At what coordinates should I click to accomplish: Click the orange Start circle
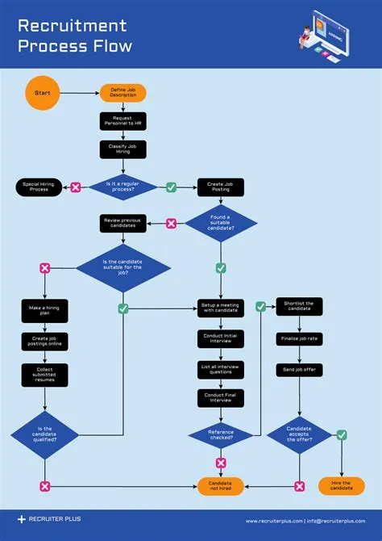pos(42,93)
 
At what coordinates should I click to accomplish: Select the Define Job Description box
pos(123,93)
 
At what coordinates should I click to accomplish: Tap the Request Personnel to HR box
pos(123,121)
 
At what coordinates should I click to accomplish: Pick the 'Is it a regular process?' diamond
pos(123,187)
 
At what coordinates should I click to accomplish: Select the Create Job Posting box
pos(220,187)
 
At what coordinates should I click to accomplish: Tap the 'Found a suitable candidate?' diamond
pos(220,223)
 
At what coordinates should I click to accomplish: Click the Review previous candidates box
pos(123,223)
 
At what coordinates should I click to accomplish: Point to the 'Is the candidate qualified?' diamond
pos(44,434)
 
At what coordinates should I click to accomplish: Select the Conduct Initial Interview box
pos(220,339)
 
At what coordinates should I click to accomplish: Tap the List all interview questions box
pos(220,370)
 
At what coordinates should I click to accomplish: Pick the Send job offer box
pos(299,369)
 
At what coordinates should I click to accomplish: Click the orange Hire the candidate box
pos(342,486)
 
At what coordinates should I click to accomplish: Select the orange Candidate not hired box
pos(220,486)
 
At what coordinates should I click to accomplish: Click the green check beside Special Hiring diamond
pos(171,187)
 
